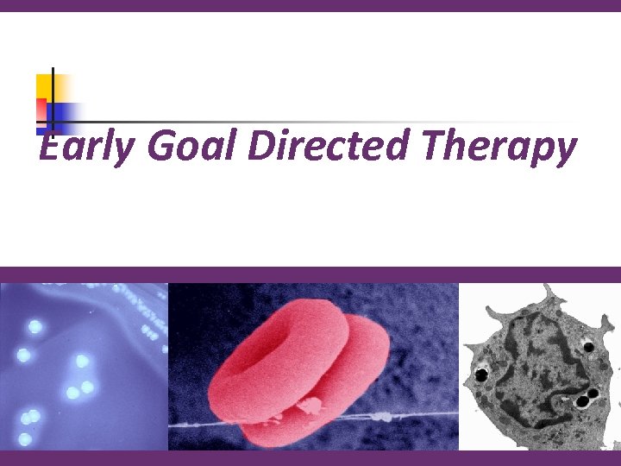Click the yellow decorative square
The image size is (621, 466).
coord(44,85)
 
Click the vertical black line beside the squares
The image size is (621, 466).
coord(53,99)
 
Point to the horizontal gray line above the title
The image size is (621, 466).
coord(302,122)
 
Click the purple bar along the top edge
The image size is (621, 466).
coord(310,5)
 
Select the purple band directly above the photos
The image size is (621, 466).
coord(310,274)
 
